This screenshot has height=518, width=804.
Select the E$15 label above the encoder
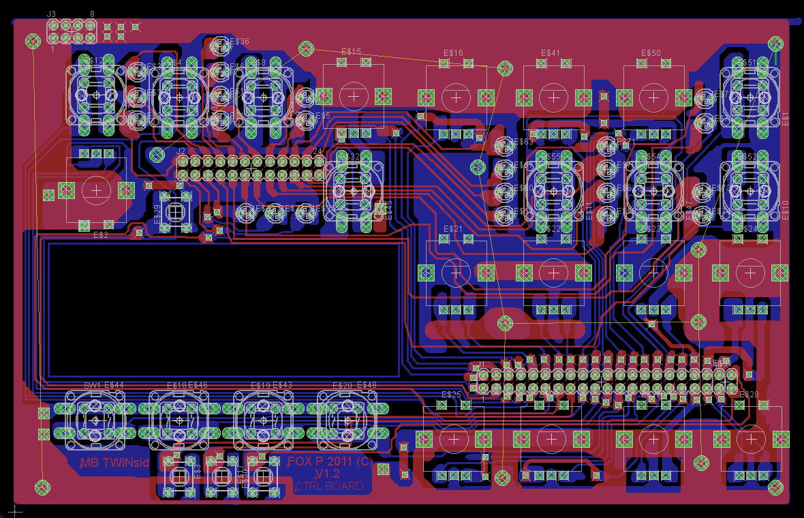pos(350,52)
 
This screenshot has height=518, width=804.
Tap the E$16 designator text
pos(453,52)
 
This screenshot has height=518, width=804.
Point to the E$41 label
pos(551,52)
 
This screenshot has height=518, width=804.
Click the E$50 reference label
pos(651,52)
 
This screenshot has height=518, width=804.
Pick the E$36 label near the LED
pos(239,42)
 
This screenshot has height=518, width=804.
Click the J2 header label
pos(181,151)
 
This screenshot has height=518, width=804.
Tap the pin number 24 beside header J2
pos(317,151)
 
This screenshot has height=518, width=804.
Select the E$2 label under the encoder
pos(100,235)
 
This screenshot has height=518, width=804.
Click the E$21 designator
pos(453,228)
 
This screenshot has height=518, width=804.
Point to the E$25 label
pos(451,395)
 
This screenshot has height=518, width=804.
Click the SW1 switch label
pos(91,386)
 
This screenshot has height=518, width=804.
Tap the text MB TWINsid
pos(114,463)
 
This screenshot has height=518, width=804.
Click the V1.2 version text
pos(328,474)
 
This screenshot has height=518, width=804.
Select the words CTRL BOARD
pos(329,487)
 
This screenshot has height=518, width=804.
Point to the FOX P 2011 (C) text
pos(330,461)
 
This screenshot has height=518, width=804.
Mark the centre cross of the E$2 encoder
pos(97,189)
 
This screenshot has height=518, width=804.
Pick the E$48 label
pos(367,386)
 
